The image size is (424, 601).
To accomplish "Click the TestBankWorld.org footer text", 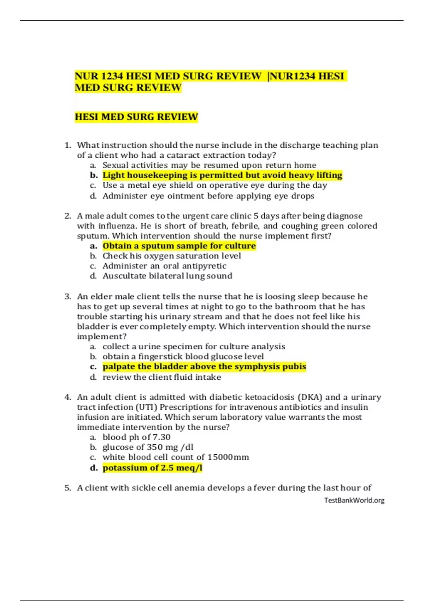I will point(354,500).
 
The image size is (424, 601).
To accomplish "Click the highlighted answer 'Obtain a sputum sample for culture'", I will point(179,246).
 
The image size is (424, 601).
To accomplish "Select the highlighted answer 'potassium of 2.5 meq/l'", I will point(152,468).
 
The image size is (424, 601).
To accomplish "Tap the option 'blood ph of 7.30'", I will point(136,437).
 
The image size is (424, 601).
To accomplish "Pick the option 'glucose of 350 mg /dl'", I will point(148,447).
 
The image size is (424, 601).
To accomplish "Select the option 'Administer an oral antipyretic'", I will point(164,266).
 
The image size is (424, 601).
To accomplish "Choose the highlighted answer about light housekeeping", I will point(222,175).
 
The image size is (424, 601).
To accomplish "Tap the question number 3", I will point(67,297).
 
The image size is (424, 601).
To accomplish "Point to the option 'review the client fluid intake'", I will point(162,377).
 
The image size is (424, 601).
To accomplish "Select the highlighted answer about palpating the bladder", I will point(204,367).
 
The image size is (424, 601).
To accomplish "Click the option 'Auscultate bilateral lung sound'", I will point(167,276).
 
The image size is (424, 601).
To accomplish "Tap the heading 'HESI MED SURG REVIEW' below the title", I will point(136,117).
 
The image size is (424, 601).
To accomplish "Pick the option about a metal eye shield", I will point(214,185).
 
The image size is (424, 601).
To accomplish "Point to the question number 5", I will point(67,488).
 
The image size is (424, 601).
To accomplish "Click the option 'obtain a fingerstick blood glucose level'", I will point(183,356).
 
